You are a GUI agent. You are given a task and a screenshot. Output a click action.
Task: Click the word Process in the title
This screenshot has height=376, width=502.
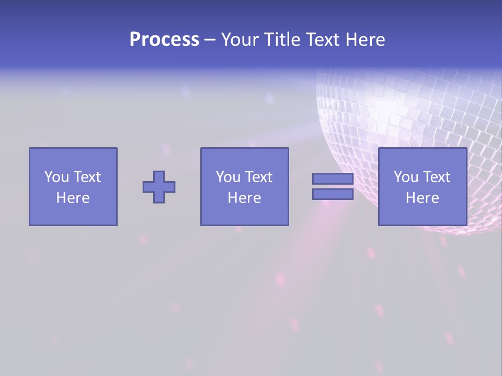[164, 40]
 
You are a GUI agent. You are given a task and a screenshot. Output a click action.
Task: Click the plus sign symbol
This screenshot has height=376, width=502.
[159, 187]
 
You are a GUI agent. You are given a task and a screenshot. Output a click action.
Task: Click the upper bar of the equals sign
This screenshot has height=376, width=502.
[333, 179]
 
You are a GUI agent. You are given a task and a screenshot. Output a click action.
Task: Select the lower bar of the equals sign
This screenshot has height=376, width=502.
[333, 194]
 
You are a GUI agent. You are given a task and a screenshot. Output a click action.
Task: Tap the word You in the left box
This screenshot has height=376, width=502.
[56, 177]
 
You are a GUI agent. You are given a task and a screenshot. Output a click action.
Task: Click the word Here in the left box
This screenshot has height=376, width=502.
[73, 198]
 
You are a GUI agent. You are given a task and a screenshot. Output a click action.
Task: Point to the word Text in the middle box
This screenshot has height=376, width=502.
[258, 177]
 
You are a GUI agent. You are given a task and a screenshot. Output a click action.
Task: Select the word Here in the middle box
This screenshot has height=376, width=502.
[244, 198]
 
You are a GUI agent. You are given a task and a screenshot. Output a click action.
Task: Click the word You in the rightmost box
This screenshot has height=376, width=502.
[406, 177]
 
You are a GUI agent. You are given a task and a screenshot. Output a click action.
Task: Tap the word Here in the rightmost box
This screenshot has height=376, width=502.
[422, 198]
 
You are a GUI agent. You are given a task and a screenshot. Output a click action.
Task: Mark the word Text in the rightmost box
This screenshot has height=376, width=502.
[436, 177]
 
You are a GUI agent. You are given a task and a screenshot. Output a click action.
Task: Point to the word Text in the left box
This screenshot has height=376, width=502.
[87, 177]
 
